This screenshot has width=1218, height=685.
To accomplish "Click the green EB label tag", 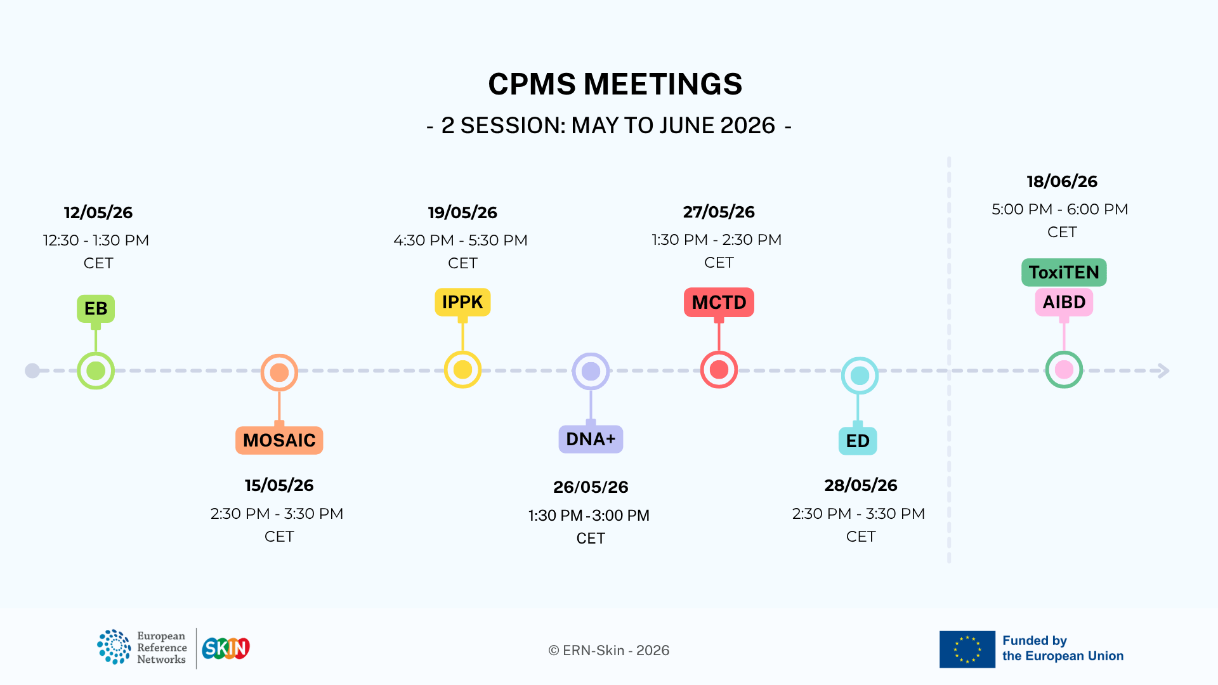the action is click(x=96, y=309).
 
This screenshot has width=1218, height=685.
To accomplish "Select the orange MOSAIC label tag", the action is click(x=279, y=440).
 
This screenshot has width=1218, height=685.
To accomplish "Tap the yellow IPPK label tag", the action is click(x=462, y=302).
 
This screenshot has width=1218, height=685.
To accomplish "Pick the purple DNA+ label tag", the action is click(x=591, y=439).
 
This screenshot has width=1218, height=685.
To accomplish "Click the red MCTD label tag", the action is click(x=719, y=302).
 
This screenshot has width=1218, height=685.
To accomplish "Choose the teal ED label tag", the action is click(x=858, y=441).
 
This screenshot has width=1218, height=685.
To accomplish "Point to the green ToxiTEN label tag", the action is click(x=1064, y=272).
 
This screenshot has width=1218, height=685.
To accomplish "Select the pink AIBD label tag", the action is click(x=1064, y=302).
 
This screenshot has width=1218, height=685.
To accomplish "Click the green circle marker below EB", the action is click(x=96, y=370).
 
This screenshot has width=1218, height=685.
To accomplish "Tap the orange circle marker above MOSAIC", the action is click(x=279, y=372).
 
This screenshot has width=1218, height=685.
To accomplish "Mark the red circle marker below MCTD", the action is click(x=719, y=369).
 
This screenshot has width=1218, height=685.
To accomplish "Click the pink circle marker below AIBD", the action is click(x=1064, y=369).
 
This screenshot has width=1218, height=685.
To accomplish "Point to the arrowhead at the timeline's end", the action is click(x=1164, y=370).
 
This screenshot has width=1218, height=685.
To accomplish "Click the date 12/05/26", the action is click(x=98, y=212).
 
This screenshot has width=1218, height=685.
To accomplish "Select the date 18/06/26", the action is click(x=1062, y=181).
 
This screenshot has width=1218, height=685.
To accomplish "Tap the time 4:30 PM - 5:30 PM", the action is click(x=461, y=240).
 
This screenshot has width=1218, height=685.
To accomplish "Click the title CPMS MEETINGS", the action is click(x=615, y=84).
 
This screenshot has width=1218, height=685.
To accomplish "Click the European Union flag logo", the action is click(x=967, y=649).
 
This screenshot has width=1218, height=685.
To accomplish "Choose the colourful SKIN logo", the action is click(x=226, y=648).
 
